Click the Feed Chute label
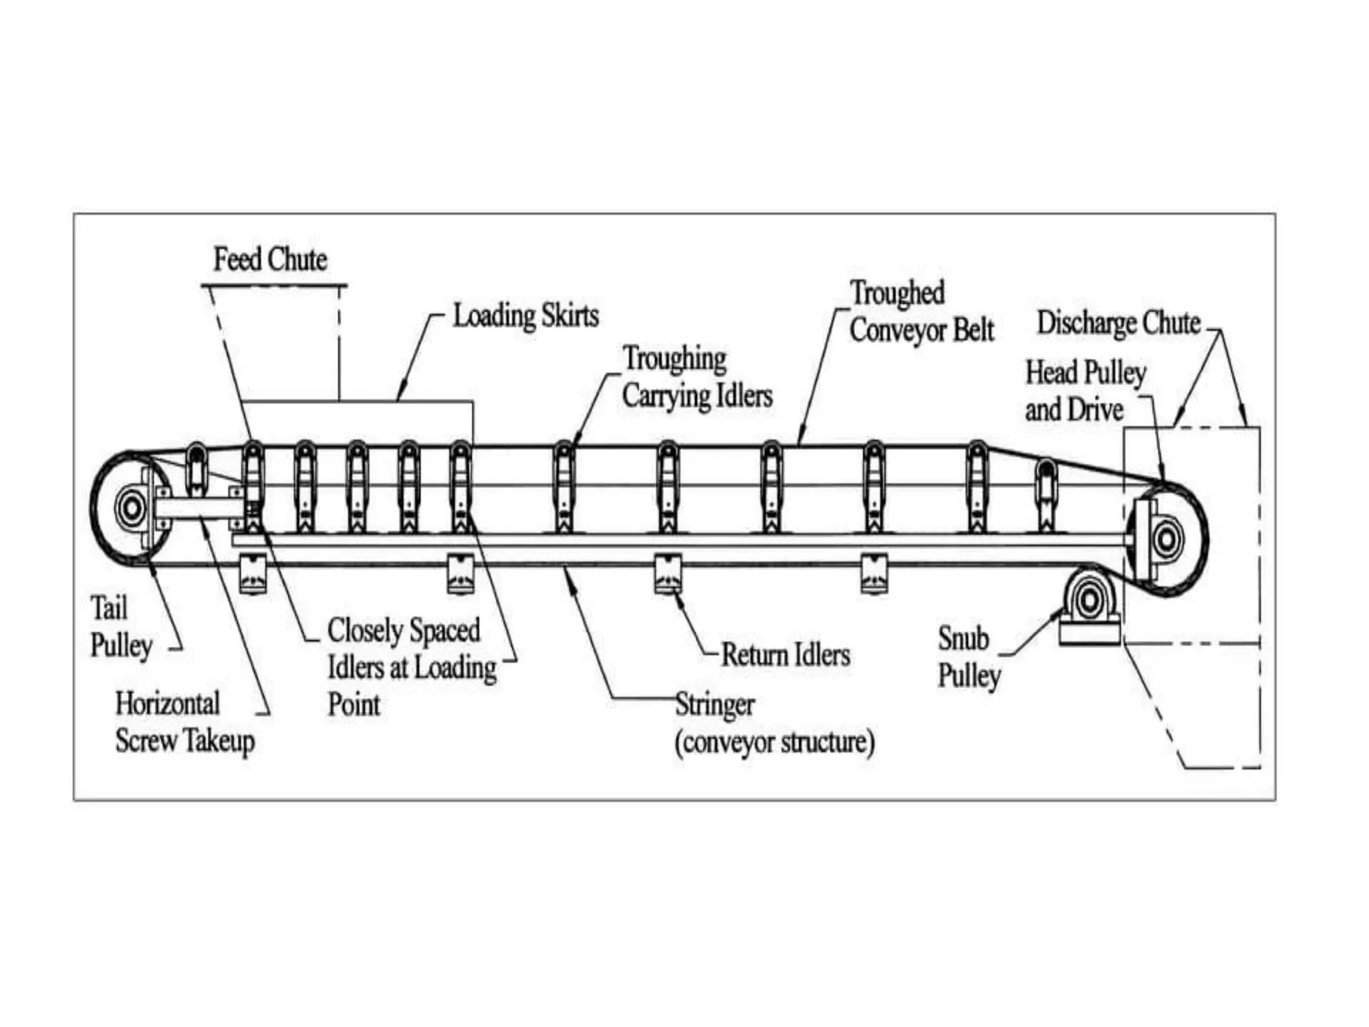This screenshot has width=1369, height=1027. (x=270, y=259)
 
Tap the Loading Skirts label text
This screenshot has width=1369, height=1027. (x=525, y=316)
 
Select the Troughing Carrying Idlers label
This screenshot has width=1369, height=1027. (x=697, y=377)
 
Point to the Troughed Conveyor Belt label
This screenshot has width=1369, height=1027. (x=921, y=312)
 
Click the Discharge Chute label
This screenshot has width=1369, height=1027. (x=1118, y=323)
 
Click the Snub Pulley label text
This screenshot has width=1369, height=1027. (x=968, y=657)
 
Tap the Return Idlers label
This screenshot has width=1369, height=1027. (x=785, y=655)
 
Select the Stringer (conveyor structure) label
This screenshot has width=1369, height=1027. (x=774, y=723)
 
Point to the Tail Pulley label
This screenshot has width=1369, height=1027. (x=120, y=627)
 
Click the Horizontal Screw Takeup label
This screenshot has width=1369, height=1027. (x=184, y=722)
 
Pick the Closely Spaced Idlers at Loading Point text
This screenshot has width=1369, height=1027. (x=412, y=667)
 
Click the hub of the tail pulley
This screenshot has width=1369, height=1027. (x=131, y=509)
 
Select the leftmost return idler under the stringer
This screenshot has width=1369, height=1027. (x=253, y=574)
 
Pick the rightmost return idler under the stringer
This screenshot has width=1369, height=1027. (x=874, y=574)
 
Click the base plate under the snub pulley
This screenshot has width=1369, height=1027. (x=1089, y=633)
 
